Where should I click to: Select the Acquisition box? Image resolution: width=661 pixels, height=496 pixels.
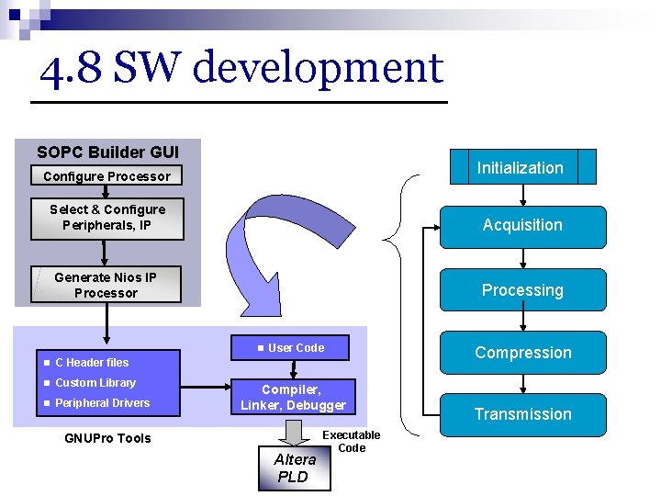522,226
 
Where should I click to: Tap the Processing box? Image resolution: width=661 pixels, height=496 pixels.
522,290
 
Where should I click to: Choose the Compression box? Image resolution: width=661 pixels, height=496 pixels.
522,353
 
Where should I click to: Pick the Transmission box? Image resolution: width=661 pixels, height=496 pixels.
522,414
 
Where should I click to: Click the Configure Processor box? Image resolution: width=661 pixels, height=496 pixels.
106,176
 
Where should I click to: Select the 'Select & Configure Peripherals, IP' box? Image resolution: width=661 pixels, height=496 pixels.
106,218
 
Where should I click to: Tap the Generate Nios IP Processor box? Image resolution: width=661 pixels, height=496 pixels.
106,285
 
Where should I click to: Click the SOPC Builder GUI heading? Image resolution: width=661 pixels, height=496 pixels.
107,152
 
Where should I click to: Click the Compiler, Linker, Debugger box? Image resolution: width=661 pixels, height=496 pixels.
293,398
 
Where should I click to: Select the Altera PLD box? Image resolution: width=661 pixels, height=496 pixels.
294,468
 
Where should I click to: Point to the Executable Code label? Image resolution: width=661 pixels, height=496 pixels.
351,442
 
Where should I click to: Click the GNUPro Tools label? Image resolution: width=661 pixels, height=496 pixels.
107,438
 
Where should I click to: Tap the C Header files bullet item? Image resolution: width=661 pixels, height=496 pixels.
91,363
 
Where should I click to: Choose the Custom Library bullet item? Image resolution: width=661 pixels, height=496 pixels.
95,383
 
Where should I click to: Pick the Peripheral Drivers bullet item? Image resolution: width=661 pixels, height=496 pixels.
102,403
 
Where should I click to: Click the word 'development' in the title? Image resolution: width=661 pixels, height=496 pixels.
318,69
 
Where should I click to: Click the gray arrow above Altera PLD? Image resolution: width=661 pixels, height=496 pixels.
293,431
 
